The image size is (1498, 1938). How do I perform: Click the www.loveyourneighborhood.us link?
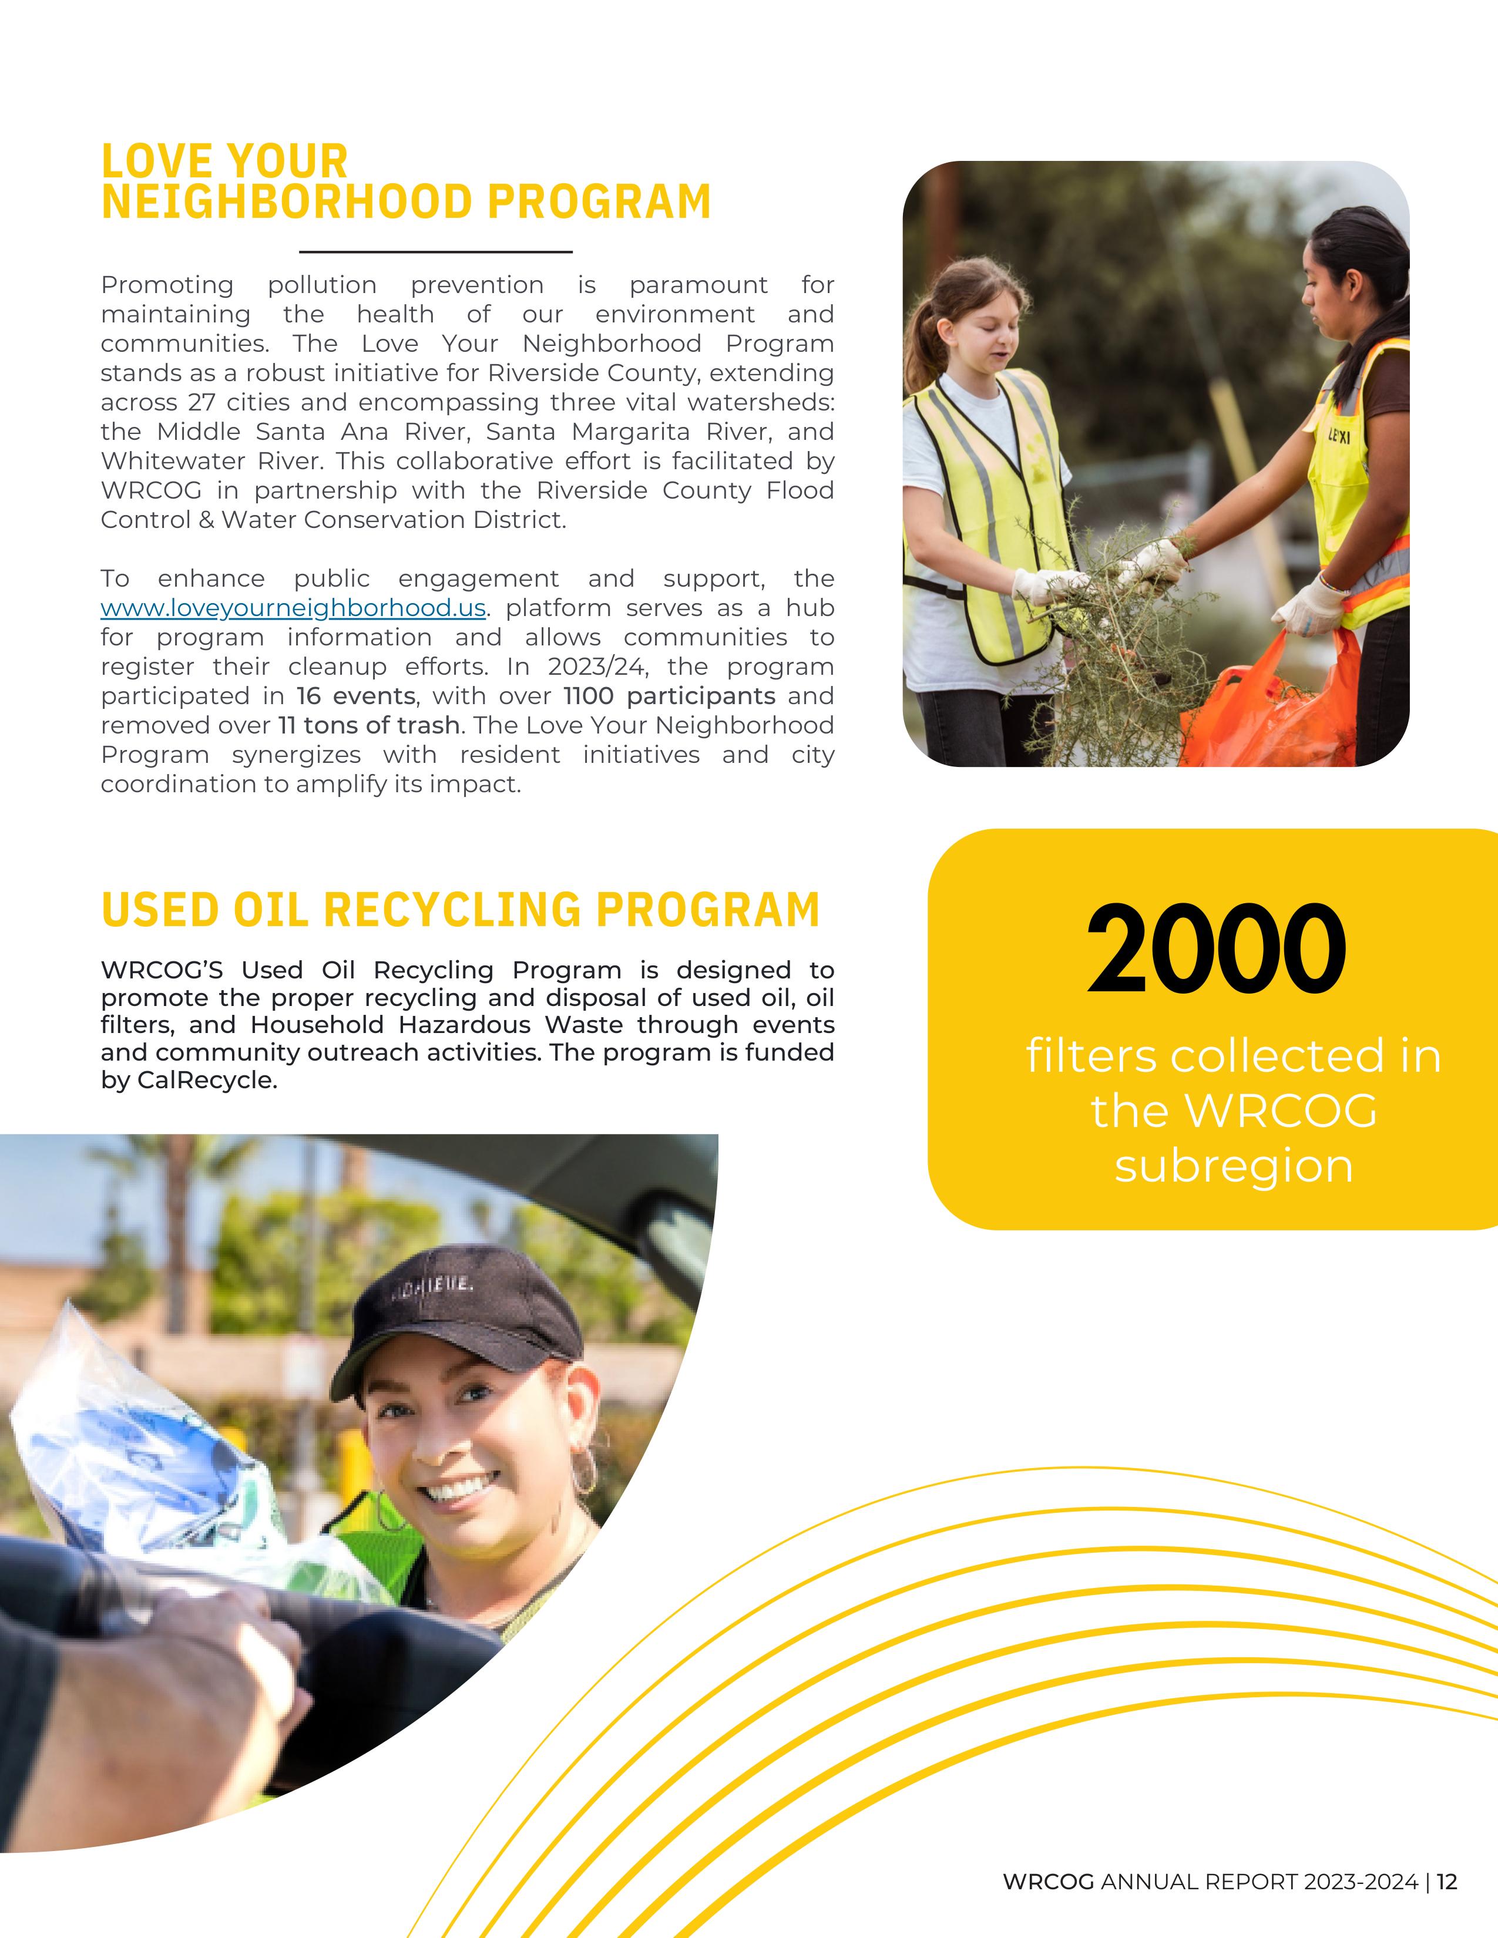293,608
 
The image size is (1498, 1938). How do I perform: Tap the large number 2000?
1216,950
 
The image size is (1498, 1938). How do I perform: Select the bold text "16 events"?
356,696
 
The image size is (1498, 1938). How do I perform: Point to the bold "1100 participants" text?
669,696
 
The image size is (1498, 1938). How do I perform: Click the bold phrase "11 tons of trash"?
368,725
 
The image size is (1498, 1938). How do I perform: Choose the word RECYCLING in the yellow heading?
452,910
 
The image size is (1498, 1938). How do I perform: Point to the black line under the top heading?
436,252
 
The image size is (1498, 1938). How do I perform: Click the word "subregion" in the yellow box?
1234,1166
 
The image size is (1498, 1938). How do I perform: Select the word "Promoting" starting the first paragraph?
167,285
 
